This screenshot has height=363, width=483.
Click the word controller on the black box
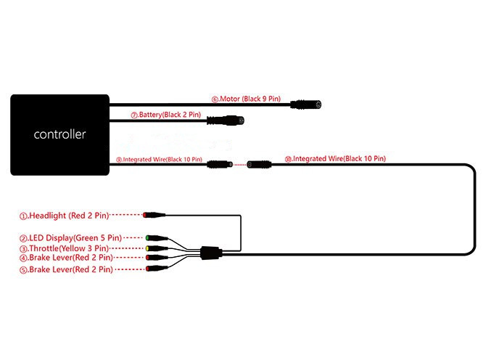[x=59, y=134]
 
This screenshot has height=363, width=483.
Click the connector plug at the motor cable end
[x=306, y=105]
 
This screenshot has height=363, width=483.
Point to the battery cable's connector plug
[x=226, y=121]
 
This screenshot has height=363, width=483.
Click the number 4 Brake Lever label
[x=66, y=258]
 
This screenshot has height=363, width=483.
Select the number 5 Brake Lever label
[x=66, y=269]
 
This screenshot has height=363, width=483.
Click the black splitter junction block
[x=211, y=253]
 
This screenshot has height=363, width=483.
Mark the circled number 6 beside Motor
[x=215, y=99]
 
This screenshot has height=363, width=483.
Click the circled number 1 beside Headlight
[x=23, y=216]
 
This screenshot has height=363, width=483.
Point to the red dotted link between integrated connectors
[x=240, y=165]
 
